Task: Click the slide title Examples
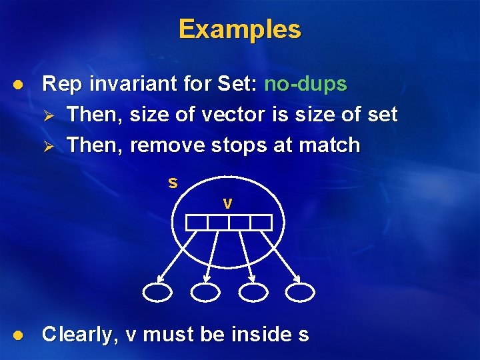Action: click(x=240, y=29)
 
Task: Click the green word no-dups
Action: click(x=306, y=84)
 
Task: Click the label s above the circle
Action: click(x=173, y=183)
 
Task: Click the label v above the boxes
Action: click(x=227, y=204)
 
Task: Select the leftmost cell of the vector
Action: click(x=197, y=223)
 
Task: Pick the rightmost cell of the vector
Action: click(x=261, y=223)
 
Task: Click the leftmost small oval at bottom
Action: click(x=158, y=291)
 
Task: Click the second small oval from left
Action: click(x=205, y=291)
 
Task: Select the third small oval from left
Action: click(x=253, y=291)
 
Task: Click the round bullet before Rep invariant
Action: click(x=18, y=85)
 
